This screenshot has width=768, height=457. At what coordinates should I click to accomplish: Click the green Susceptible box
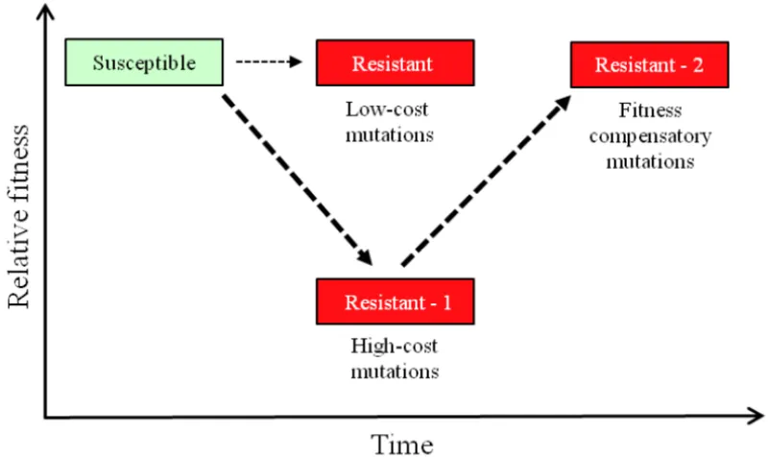click(x=144, y=63)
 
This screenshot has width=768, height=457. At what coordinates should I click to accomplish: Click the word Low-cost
click(x=392, y=109)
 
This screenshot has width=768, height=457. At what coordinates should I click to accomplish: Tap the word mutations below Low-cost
click(x=392, y=132)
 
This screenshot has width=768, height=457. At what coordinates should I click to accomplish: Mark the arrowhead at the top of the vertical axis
click(x=43, y=12)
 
